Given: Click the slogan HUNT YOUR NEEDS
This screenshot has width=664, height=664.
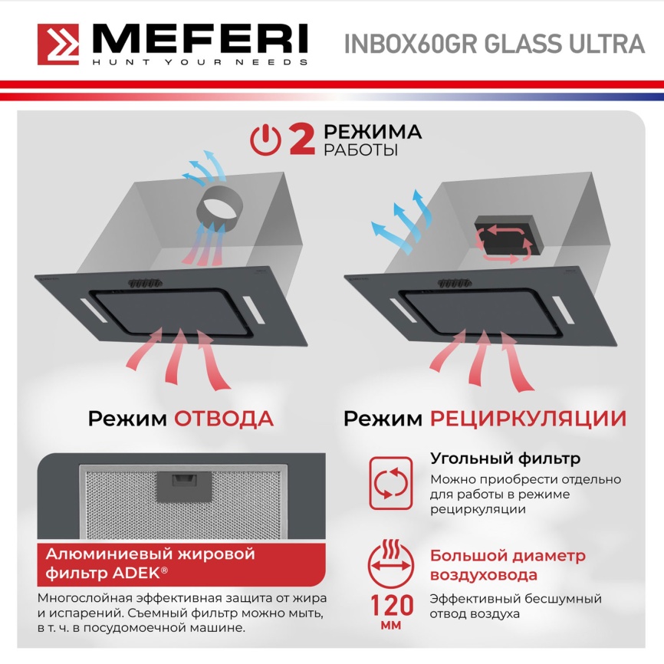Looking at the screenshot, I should tap(200, 62).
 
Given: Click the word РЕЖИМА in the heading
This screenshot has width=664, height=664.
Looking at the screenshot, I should tap(372, 132).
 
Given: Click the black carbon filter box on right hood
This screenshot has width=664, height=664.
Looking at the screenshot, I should tap(504, 235).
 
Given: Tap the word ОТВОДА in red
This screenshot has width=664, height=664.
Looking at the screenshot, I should tap(224, 419).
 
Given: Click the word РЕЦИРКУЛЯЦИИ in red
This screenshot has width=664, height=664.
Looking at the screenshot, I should tap(528, 419).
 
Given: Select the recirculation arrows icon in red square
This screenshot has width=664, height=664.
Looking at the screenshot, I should tap(392, 483).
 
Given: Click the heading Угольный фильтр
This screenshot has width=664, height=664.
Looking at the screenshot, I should tap(505, 459).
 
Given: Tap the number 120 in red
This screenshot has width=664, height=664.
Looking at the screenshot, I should tap(392, 606).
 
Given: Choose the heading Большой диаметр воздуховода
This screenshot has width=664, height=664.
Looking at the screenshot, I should tap(508, 565).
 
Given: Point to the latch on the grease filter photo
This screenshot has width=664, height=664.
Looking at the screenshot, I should tap(182, 482).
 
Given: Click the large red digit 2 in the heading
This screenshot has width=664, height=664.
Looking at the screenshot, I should tap(301, 140).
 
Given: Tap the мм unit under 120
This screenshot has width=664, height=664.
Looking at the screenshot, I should tap(392, 626).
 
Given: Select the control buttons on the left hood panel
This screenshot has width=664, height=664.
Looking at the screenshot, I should tap(143, 283).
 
